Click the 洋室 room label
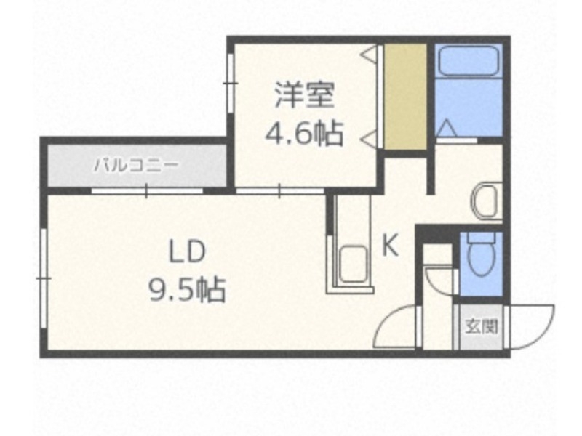coord(304,94)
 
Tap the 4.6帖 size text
coord(304,133)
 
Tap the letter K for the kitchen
coord(390,247)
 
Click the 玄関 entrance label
coord(481,326)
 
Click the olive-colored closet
coord(405,97)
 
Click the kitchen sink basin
coord(354,262)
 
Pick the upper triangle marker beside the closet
coord(370,52)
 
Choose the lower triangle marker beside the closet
coord(370,136)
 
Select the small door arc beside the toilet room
coord(439,280)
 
